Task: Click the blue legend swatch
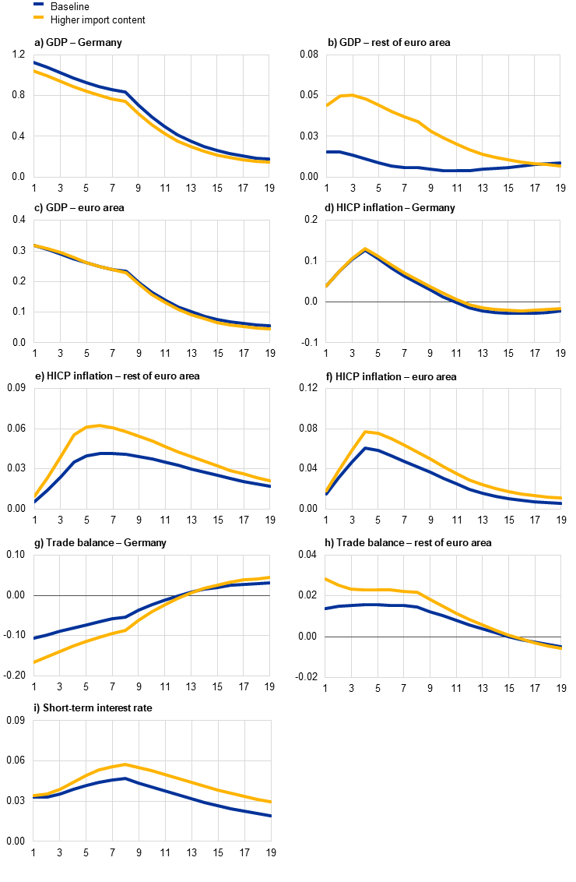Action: (39, 4)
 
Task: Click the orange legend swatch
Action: (39, 16)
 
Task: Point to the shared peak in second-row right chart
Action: (365, 249)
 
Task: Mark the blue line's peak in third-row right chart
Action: (365, 447)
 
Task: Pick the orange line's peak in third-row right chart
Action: (366, 432)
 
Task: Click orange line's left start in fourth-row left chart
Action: (34, 662)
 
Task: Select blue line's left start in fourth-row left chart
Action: (34, 637)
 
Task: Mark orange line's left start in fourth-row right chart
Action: (326, 579)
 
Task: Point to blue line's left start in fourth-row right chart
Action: (326, 609)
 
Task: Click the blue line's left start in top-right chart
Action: (327, 152)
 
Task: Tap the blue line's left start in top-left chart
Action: (34, 62)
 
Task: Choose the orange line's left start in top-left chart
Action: (34, 71)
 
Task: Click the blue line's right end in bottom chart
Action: (270, 816)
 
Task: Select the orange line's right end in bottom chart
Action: (270, 802)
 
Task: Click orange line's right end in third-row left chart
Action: (269, 481)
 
